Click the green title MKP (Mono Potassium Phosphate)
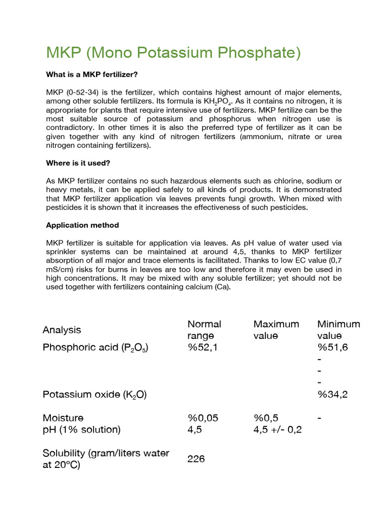(x=173, y=53)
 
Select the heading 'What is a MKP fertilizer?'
(x=92, y=74)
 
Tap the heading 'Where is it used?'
(x=78, y=163)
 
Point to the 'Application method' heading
(x=82, y=225)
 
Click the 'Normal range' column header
(x=204, y=329)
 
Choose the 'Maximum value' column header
(x=276, y=329)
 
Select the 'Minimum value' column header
(x=338, y=329)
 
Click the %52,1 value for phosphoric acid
(x=202, y=347)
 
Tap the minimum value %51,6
(x=332, y=347)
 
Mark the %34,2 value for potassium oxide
(x=332, y=395)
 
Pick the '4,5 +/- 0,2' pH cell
(x=277, y=429)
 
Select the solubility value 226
(x=196, y=459)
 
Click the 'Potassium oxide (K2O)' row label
(x=94, y=395)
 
